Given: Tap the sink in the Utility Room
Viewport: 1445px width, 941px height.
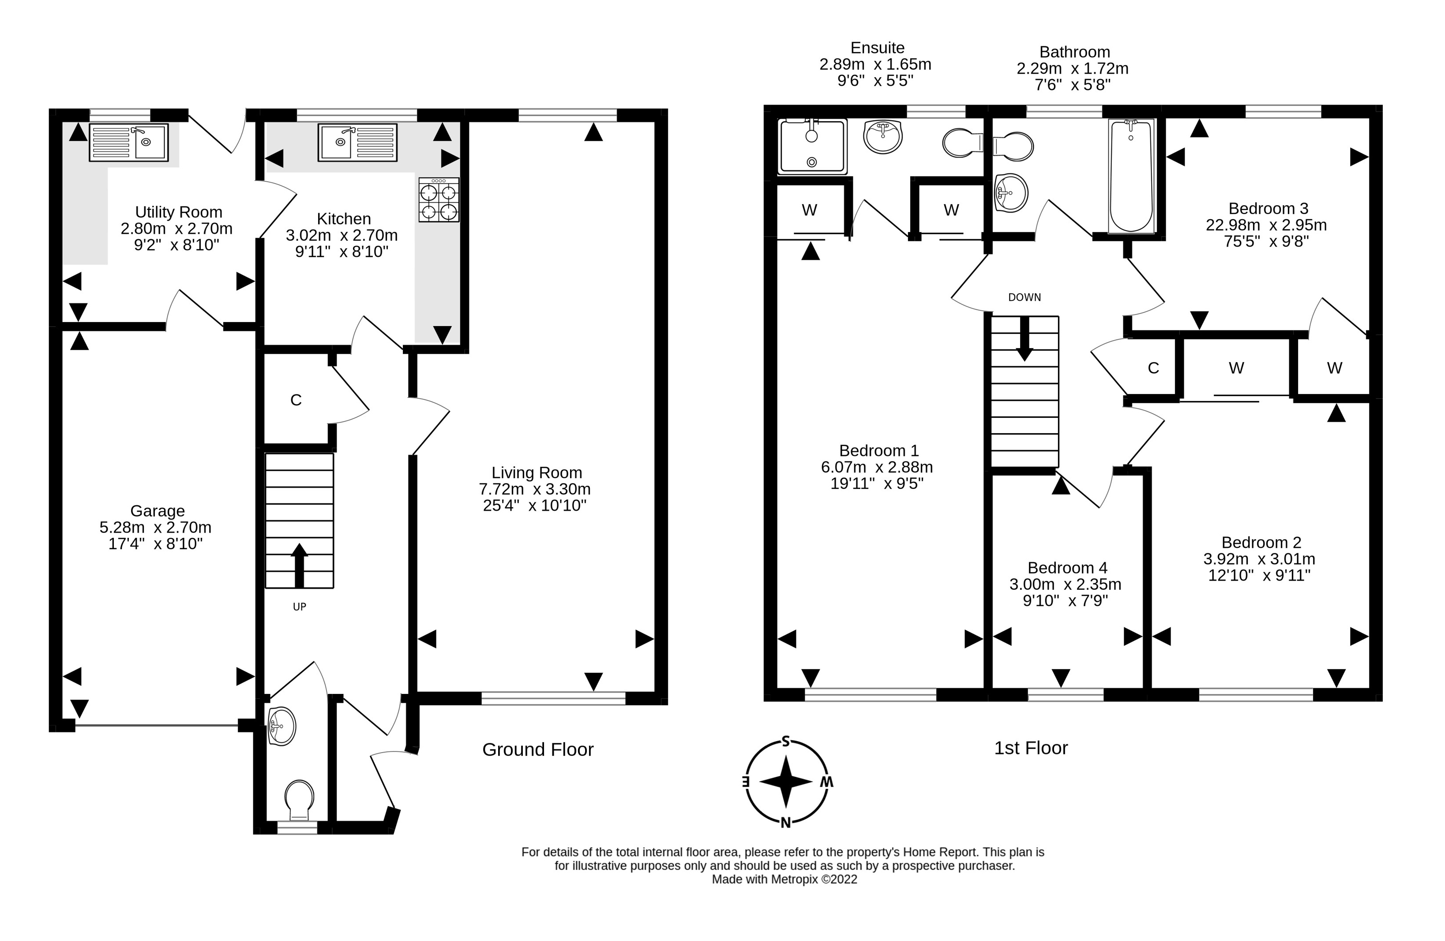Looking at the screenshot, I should [x=129, y=142].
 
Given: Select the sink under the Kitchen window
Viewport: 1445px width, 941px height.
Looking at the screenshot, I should [x=357, y=142].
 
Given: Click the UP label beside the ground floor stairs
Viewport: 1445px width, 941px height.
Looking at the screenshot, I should [x=299, y=607].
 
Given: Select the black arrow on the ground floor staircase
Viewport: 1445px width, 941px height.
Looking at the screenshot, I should [x=299, y=565].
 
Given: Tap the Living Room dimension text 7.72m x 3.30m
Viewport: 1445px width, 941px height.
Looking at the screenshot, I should [x=534, y=489].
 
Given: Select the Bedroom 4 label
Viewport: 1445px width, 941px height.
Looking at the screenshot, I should [x=1067, y=568].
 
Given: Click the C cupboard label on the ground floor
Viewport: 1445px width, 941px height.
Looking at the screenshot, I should [x=296, y=400].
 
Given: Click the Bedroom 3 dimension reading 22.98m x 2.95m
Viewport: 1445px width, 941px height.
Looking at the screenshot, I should [x=1266, y=225].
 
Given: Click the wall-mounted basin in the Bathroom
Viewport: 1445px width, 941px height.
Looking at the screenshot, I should [x=1011, y=193].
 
